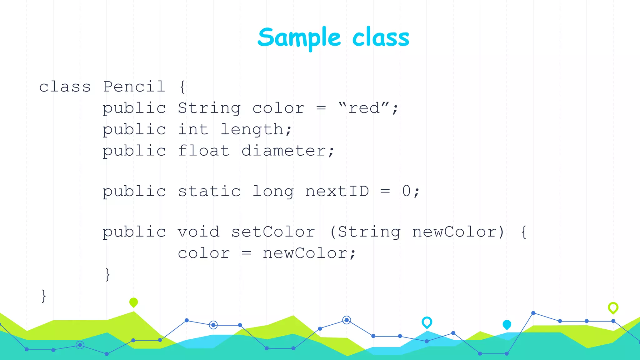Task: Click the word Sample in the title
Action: [x=299, y=37]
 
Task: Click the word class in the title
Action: [x=380, y=37]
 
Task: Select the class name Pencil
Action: [x=134, y=87]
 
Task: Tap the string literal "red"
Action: [x=364, y=108]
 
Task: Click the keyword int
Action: [x=193, y=129]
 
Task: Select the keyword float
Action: [x=204, y=151]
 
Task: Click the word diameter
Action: [x=284, y=151]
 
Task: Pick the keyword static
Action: [x=209, y=191]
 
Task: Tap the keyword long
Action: [x=273, y=192]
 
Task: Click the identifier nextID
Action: [x=337, y=191]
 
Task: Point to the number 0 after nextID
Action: [x=406, y=191]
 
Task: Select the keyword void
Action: [x=198, y=232]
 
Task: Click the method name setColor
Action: [x=273, y=232]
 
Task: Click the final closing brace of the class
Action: [x=44, y=296]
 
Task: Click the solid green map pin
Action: [x=133, y=302]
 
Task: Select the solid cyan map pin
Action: [x=507, y=324]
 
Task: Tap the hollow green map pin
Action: [x=613, y=308]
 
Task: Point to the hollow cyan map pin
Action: [x=427, y=322]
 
